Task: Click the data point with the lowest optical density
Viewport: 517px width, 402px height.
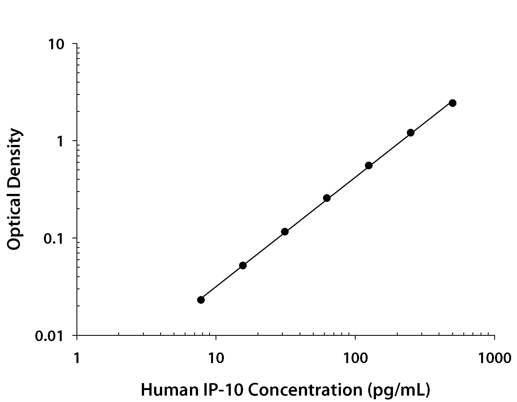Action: (201, 300)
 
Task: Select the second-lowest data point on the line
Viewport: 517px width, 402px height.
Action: (243, 265)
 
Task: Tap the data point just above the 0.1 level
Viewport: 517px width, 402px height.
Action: (285, 231)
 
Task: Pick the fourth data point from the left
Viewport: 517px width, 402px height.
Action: (327, 198)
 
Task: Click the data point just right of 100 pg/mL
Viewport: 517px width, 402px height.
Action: (368, 166)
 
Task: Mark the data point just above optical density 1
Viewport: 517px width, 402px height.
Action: (410, 133)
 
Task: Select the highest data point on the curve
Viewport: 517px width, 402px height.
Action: (452, 103)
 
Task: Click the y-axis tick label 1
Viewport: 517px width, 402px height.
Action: (60, 142)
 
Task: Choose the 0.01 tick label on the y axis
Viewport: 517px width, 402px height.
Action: (50, 336)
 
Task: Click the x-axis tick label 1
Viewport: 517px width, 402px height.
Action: (76, 358)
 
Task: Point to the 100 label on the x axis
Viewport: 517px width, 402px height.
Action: (355, 358)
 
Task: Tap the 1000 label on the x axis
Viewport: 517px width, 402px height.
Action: (494, 358)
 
